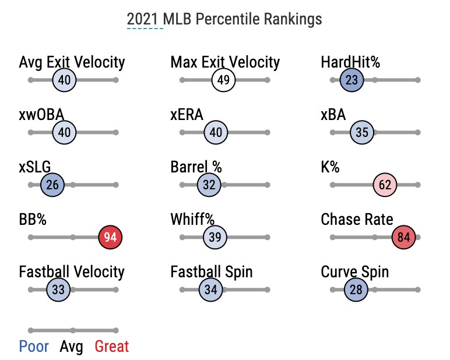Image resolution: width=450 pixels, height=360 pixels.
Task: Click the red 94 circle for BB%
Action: [x=111, y=237]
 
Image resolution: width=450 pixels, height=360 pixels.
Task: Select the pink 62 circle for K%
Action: [x=385, y=185]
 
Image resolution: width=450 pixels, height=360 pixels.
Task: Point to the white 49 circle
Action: [x=223, y=80]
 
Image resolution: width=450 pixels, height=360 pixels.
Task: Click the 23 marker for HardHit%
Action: [x=351, y=80]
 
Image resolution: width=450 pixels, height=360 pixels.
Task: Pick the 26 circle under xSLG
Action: [x=52, y=185]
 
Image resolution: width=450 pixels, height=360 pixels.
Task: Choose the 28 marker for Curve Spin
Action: [x=356, y=290]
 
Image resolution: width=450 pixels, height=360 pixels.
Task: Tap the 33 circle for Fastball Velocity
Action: [x=58, y=290]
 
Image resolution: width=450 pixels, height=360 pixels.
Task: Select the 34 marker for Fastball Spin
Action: [x=211, y=290]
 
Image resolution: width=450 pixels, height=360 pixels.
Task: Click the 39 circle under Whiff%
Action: [x=215, y=237]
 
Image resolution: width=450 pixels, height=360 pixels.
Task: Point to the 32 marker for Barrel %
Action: [x=209, y=185]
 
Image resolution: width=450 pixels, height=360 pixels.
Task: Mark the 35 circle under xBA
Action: [x=362, y=132]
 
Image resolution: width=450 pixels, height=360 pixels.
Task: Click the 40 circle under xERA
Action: [x=216, y=132]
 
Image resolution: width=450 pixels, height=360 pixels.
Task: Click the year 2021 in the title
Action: [x=145, y=19]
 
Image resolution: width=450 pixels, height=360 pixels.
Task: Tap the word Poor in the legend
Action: [x=34, y=347]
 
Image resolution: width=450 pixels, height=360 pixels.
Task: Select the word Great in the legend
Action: [x=111, y=347]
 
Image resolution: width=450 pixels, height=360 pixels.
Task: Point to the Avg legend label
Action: [x=72, y=347]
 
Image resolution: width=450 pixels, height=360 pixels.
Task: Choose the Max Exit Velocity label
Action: [x=225, y=62]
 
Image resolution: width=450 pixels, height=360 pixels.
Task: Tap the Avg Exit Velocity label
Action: [x=72, y=62]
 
